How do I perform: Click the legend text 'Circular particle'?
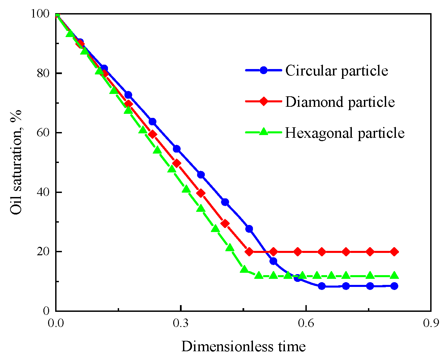tap(337, 71)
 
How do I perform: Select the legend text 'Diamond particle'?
tap(340, 102)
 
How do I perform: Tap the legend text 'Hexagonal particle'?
tap(345, 133)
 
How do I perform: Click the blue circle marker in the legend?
tap(264, 70)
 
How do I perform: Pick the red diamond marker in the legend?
tap(264, 101)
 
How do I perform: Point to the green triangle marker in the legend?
tap(264, 132)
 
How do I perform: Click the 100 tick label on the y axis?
tap(40, 14)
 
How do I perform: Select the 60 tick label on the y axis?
tap(43, 133)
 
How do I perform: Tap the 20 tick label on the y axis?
tap(43, 252)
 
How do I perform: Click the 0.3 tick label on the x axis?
tap(181, 323)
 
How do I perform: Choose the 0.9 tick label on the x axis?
tap(431, 323)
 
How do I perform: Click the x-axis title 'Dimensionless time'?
tap(244, 346)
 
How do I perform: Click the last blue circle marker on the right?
tap(394, 286)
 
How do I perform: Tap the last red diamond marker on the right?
tap(394, 252)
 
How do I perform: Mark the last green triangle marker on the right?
tap(394, 275)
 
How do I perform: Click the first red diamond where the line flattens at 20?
tap(249, 252)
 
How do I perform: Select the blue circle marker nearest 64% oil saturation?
tap(152, 122)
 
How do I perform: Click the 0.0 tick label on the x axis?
tap(56, 323)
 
